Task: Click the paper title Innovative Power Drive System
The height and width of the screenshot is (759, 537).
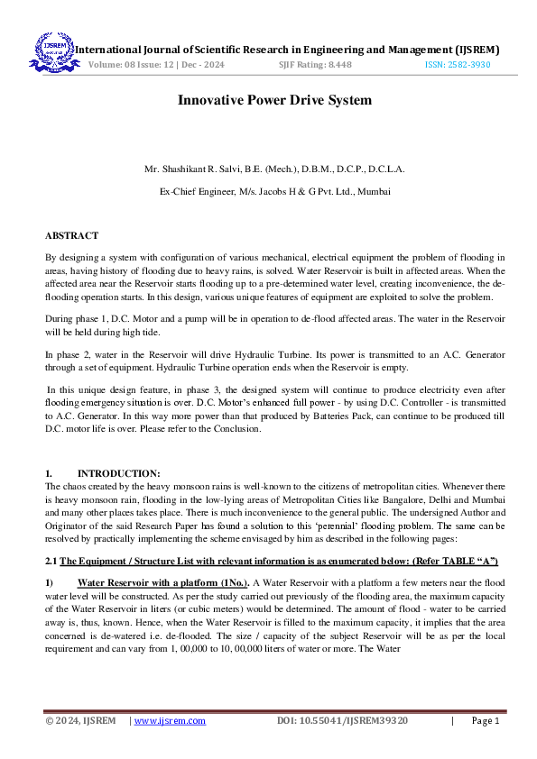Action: click(268, 100)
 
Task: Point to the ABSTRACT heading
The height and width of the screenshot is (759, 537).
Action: click(71, 235)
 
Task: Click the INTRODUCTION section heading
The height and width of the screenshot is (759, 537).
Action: click(118, 473)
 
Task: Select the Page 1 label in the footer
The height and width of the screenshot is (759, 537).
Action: click(485, 721)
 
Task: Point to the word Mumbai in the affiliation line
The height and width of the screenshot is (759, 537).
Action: click(372, 191)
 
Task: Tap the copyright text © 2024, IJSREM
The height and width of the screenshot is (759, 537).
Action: click(81, 721)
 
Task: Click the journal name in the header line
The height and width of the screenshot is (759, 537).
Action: click(286, 49)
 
